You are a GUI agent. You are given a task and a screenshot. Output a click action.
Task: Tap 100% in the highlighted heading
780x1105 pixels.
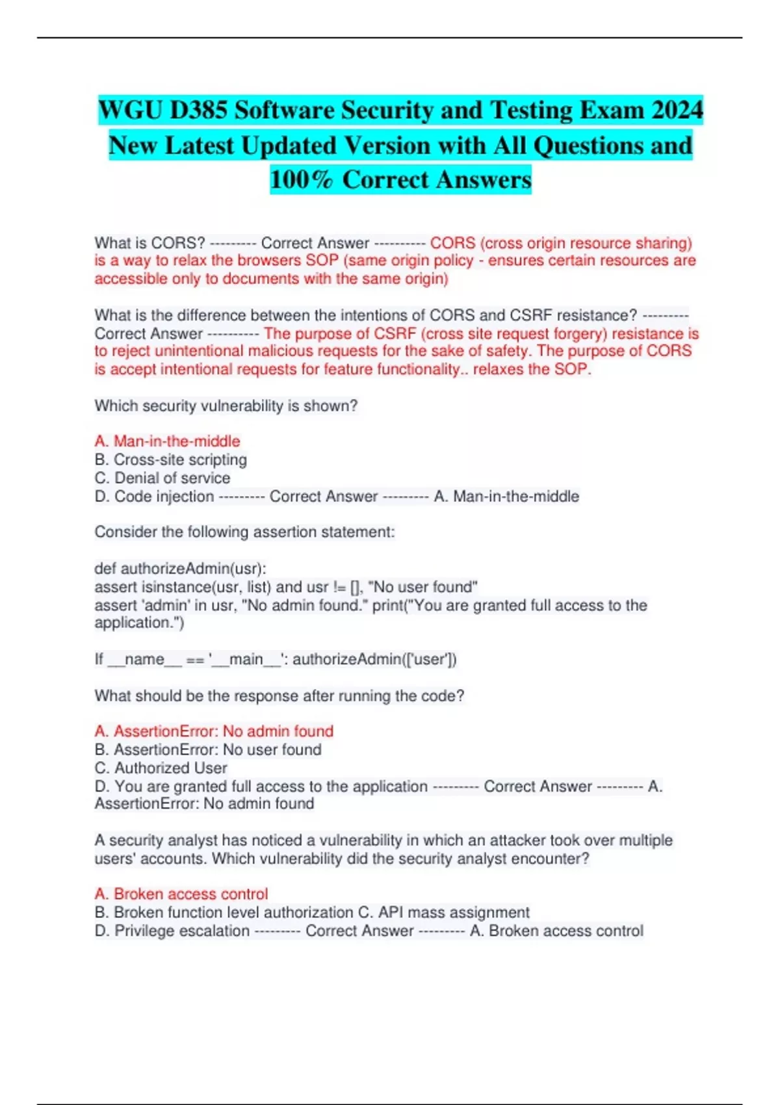[x=301, y=179]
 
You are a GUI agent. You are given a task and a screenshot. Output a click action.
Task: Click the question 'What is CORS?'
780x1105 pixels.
[x=149, y=243]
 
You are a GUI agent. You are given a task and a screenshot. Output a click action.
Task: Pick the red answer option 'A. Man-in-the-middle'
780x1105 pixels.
[x=167, y=441]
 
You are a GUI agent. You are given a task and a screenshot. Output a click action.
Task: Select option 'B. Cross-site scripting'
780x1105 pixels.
[x=170, y=460]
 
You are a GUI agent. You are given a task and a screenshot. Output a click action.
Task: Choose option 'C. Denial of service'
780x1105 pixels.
[x=162, y=478]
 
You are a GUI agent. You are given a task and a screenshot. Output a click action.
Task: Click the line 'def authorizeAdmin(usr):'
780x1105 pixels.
[x=180, y=569]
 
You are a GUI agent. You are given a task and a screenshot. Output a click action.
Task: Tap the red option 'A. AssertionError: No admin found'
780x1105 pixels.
[x=214, y=731]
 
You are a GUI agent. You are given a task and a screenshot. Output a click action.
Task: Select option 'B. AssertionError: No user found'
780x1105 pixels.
[x=208, y=749]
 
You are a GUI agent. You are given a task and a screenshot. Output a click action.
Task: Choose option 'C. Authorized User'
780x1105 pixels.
[x=161, y=768]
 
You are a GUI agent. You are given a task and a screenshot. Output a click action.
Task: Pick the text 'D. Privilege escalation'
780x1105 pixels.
[x=172, y=931]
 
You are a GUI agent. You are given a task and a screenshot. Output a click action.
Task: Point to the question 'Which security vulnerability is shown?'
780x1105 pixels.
[x=226, y=406]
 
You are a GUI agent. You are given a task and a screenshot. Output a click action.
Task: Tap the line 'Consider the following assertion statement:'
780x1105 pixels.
[x=244, y=532]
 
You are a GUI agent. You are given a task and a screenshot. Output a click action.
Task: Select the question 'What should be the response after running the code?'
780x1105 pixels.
[x=279, y=695]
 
